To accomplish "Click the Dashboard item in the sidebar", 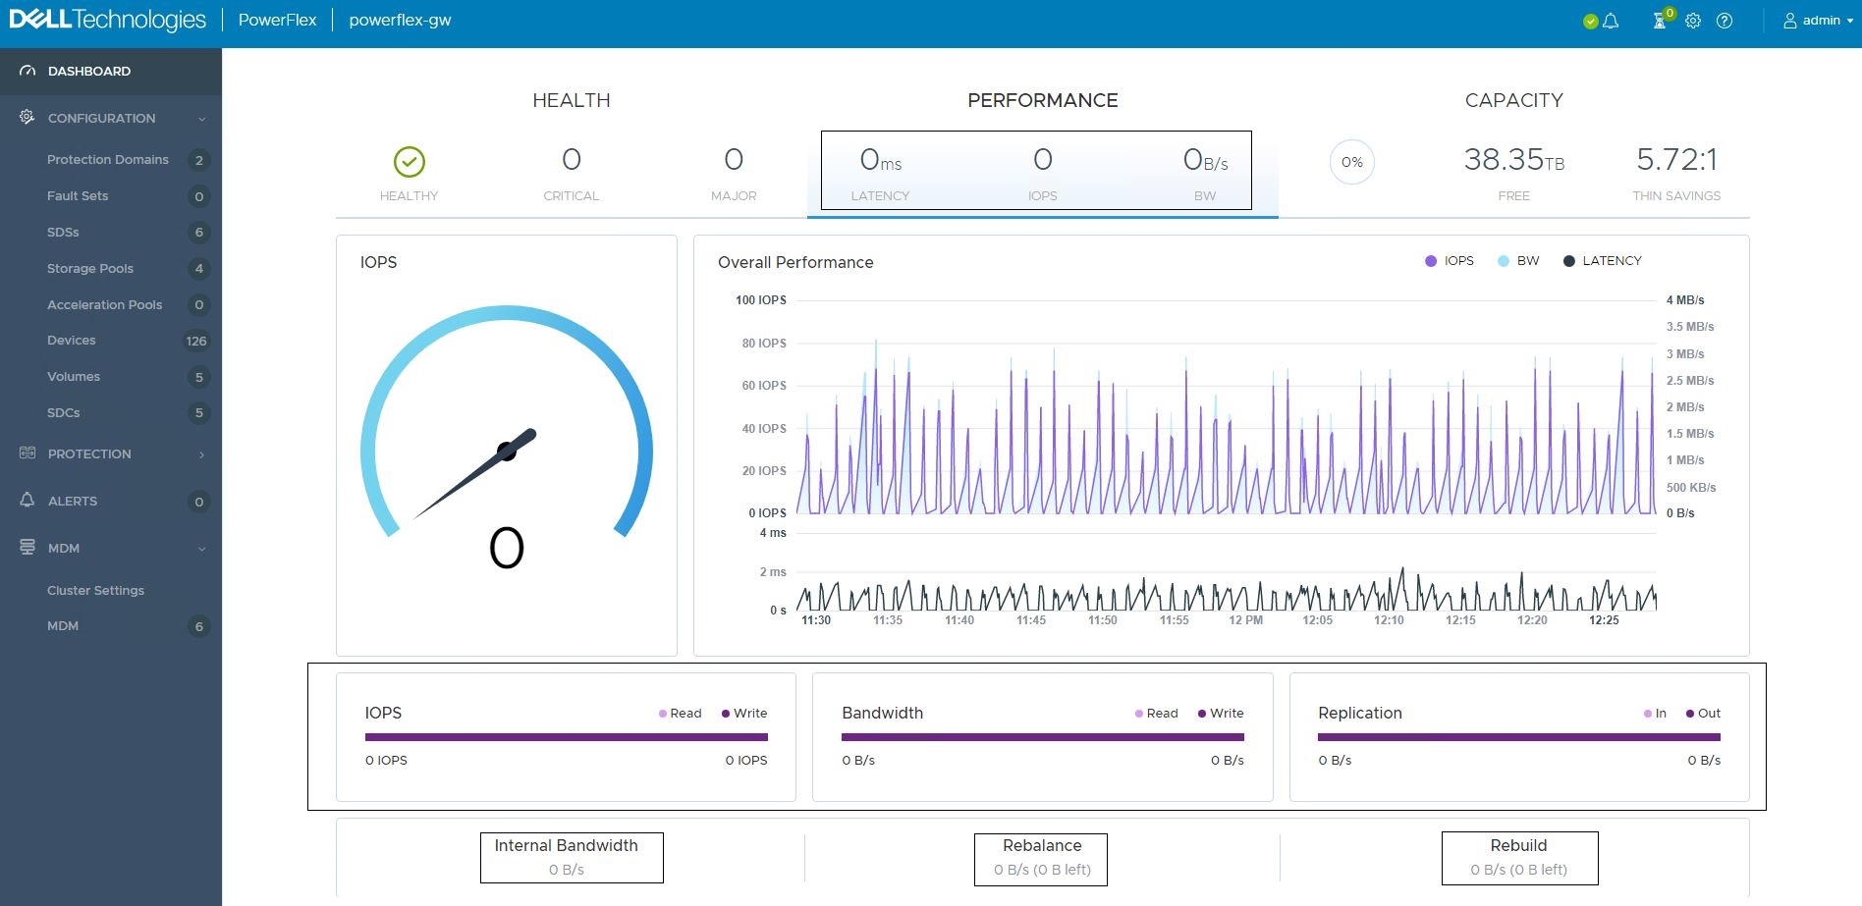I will point(88,71).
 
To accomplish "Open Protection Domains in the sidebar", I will point(107,159).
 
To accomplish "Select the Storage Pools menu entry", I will point(89,268).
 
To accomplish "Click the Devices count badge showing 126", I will point(196,341).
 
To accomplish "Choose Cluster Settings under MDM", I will point(95,590).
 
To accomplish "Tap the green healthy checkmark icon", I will point(409,162).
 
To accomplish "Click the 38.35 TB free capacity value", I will point(1513,159).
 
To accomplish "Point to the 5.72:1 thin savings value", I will point(1676,159).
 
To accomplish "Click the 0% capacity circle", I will point(1351,162).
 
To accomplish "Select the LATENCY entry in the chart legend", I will point(1611,260).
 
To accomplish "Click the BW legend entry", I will point(1527,260).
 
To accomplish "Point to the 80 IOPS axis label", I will point(763,343).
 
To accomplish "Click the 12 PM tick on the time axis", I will point(1245,620).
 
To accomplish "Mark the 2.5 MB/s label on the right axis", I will point(1689,380).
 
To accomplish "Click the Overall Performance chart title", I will point(795,262).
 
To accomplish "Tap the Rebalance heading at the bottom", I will point(1041,845).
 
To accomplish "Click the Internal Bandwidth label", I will point(566,845).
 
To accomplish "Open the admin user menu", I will point(1819,20).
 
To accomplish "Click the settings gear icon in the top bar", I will point(1693,21).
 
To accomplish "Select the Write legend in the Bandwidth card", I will point(1226,713).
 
